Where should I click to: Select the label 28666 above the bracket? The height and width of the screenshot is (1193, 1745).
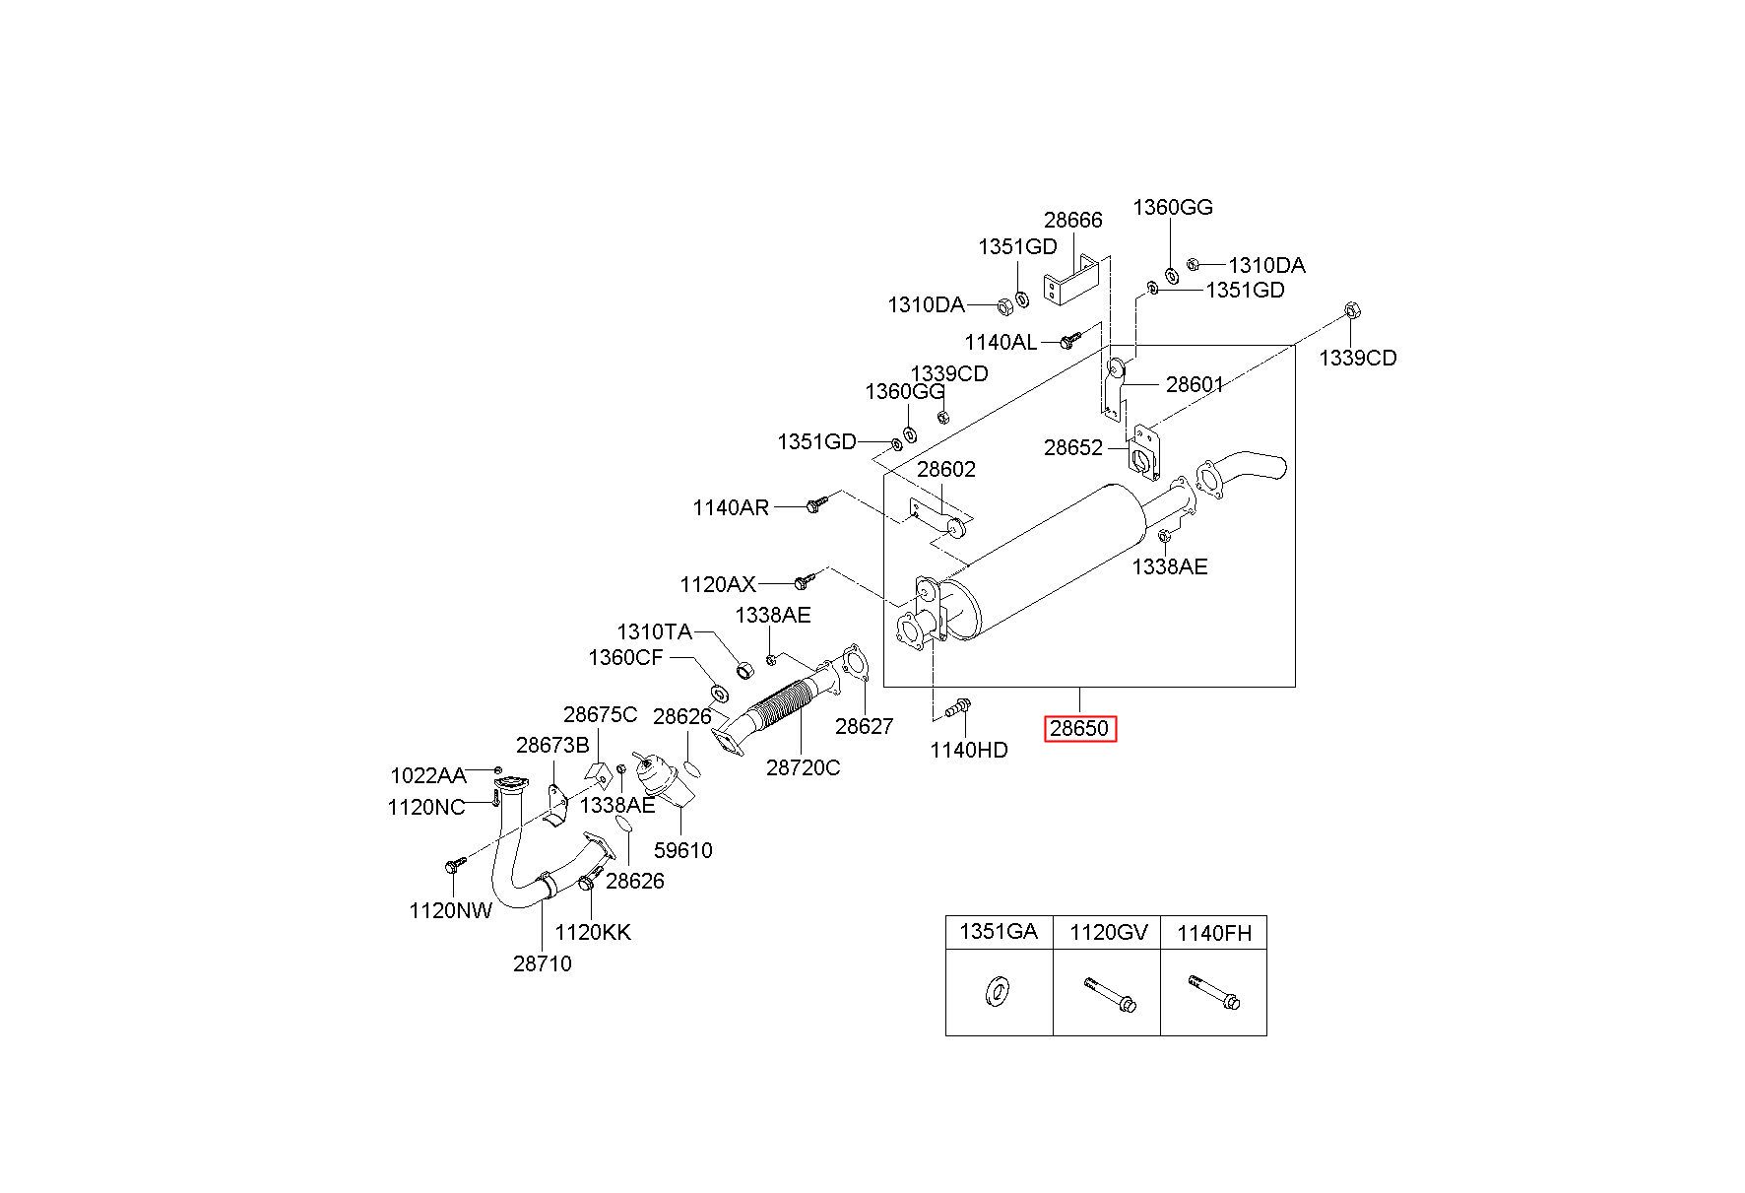[1073, 220]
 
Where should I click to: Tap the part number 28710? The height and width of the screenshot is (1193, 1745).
[542, 963]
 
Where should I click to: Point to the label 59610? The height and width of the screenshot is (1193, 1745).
[682, 850]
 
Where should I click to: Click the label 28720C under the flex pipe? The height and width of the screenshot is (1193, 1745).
[804, 767]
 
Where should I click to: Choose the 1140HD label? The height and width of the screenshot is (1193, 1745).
[969, 750]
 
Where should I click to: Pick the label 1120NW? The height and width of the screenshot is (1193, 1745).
[451, 910]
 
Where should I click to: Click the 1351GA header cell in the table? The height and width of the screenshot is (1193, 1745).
[999, 932]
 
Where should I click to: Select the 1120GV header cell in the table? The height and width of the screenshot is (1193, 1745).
[1108, 932]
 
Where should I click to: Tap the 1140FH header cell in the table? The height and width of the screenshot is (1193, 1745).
[1214, 932]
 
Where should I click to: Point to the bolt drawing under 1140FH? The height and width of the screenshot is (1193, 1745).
[1214, 993]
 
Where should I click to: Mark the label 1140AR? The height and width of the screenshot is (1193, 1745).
[731, 507]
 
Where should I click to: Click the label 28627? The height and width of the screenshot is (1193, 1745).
[865, 726]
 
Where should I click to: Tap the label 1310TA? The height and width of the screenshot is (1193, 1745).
[655, 631]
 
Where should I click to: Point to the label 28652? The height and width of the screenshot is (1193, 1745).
[1073, 448]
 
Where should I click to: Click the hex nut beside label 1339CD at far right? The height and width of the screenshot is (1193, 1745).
[1352, 311]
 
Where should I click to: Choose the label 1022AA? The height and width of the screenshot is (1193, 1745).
[428, 775]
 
